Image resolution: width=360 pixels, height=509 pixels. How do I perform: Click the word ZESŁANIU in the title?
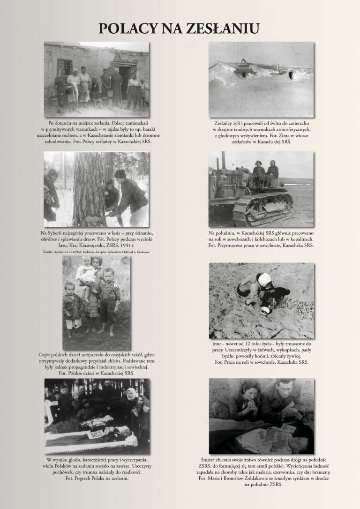pos(222,29)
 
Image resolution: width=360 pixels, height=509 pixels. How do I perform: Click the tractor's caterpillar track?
pos(262,210)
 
